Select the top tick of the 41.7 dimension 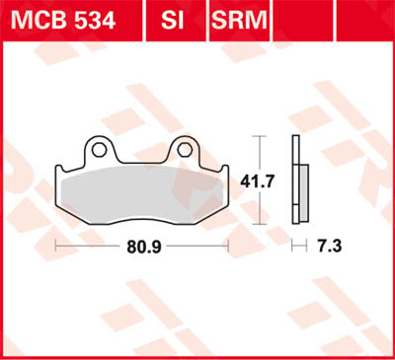tap(259, 135)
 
